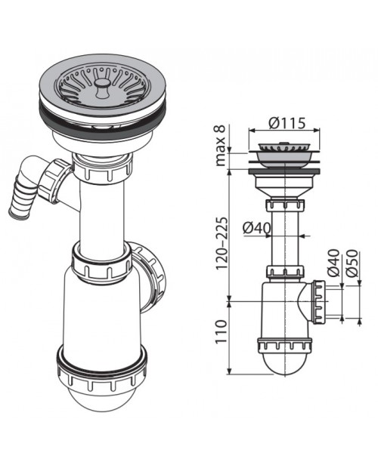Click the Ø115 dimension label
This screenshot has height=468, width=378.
(x=287, y=123)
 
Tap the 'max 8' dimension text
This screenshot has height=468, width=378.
(x=221, y=146)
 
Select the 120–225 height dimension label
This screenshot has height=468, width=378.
(x=222, y=243)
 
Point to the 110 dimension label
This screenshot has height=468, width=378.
(x=222, y=331)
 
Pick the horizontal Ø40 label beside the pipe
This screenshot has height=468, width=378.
(x=257, y=228)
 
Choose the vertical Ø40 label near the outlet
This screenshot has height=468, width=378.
(x=333, y=263)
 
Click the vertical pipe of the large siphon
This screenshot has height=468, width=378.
(x=102, y=214)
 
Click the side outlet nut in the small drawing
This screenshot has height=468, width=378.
(x=318, y=302)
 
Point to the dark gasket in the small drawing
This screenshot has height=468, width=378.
(x=284, y=171)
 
